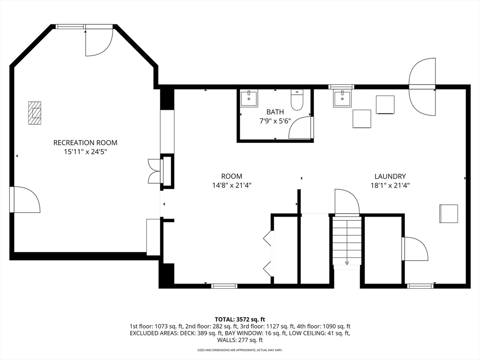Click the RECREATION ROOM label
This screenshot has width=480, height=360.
point(85,142)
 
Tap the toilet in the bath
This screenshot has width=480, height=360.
point(297,100)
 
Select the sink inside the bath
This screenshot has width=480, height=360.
point(248,97)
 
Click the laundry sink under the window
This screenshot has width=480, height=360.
point(342,98)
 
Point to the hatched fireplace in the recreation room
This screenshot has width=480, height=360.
point(35,113)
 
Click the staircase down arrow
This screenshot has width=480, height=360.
point(347,262)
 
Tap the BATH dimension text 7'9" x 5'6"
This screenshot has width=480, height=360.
point(275,121)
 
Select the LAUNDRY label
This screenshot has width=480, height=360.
point(390,176)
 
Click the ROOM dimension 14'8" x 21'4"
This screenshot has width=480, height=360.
point(232,185)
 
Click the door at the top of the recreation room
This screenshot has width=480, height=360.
point(99,42)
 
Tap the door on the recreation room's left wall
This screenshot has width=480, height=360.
point(25,199)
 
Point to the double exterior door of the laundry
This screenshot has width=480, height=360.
point(422,87)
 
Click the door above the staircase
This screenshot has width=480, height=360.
point(347,202)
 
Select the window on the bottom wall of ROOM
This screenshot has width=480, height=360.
point(225,286)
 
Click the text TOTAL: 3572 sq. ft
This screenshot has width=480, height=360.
point(240,320)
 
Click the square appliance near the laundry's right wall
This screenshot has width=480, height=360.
point(449,214)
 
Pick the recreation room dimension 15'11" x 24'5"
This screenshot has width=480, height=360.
point(85,151)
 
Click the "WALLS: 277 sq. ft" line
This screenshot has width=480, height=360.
point(240,340)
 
